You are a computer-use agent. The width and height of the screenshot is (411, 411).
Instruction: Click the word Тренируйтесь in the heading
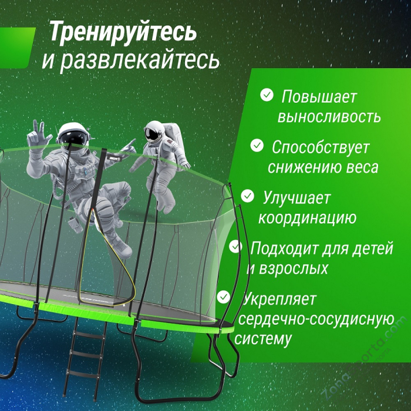[122, 32]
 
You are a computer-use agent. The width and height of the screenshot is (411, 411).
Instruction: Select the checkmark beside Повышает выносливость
[267, 95]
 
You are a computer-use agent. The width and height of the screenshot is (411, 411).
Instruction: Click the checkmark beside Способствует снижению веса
[257, 144]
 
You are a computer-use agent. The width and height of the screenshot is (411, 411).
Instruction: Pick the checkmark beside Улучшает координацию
[248, 195]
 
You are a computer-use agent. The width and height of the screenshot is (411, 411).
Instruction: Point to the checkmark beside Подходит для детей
[235, 245]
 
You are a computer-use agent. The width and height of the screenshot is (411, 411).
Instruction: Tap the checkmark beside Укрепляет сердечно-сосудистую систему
[224, 297]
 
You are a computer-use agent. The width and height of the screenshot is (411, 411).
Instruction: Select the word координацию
[307, 218]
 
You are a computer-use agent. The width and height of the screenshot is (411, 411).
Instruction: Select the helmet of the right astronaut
[154, 133]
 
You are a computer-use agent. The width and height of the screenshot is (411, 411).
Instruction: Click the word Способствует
[320, 147]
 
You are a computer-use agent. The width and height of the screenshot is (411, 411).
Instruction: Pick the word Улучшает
[297, 198]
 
